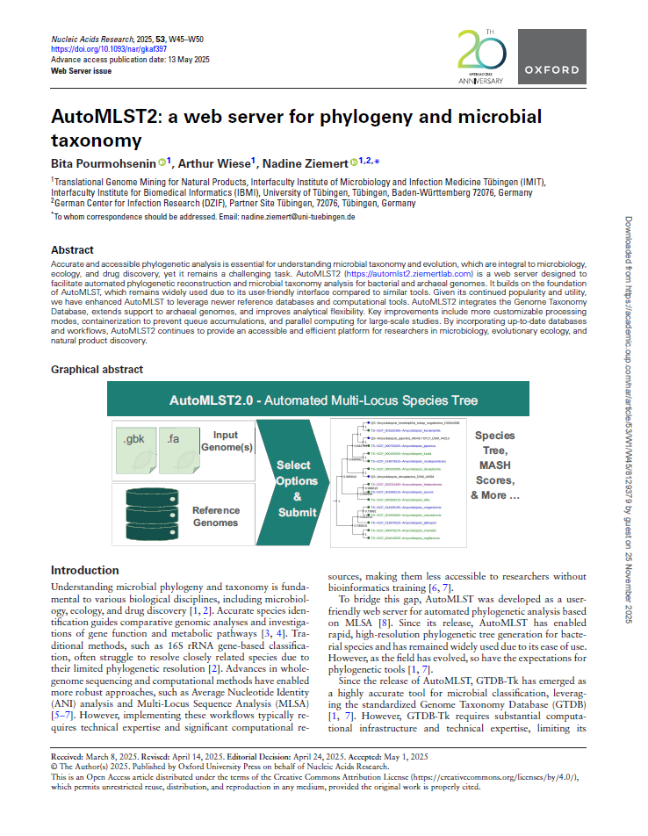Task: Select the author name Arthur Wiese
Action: (216, 162)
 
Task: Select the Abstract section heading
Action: (72, 250)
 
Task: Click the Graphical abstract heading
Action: (97, 370)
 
